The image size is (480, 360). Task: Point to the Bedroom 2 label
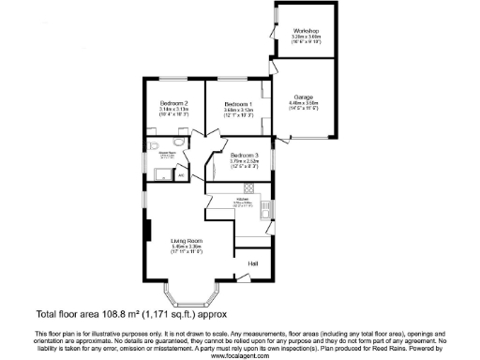(x=174, y=102)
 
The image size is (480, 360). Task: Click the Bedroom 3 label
(x=244, y=155)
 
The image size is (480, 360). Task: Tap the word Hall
(x=252, y=263)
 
